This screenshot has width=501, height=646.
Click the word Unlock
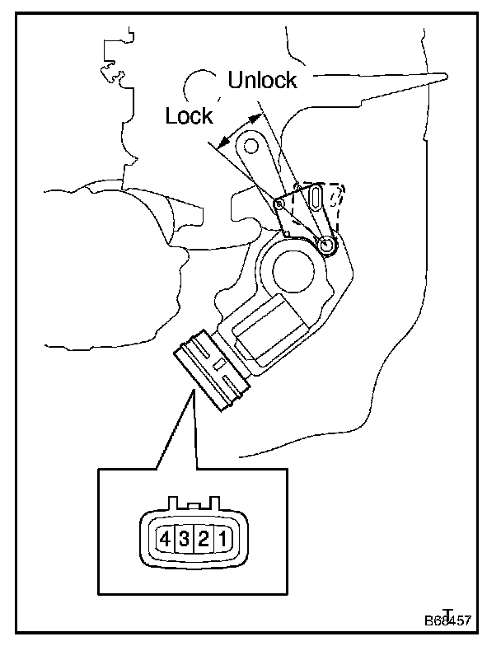pos(262,80)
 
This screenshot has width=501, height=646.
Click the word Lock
pos(189,116)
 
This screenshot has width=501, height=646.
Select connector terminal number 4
pos(166,540)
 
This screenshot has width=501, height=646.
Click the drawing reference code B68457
pos(449,619)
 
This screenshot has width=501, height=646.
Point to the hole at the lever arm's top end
pos(250,147)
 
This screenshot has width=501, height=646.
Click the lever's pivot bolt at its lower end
pos(327,244)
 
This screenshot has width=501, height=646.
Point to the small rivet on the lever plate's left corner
pos(279,202)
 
